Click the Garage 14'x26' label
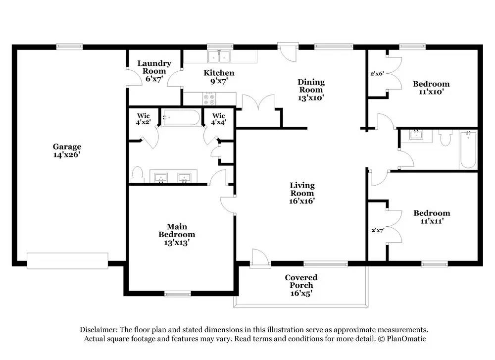click(67, 151)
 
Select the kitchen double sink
click(219, 56)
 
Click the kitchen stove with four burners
click(209, 99)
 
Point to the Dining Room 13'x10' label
click(311, 90)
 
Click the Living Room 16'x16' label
click(302, 193)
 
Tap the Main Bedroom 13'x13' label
click(177, 235)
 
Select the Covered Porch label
click(301, 285)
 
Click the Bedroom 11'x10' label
click(431, 88)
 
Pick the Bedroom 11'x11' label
click(432, 217)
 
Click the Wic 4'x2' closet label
click(144, 119)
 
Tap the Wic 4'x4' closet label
click(218, 119)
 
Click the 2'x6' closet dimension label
click(377, 74)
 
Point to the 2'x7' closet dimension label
click(378, 230)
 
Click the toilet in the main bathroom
click(137, 174)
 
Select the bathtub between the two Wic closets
click(181, 117)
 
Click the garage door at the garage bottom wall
click(67, 261)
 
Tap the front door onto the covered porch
click(260, 259)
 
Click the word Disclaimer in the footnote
click(99, 330)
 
